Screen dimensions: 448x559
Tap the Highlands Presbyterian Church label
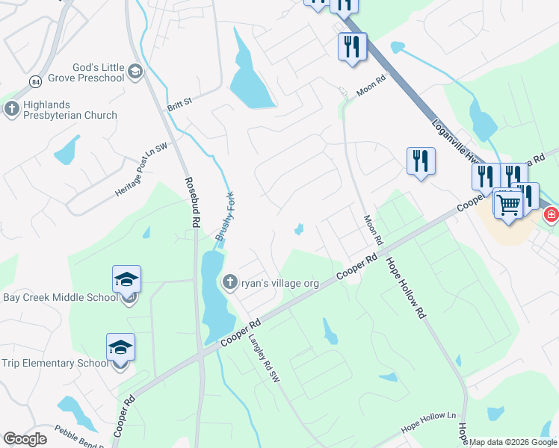(x=70, y=110)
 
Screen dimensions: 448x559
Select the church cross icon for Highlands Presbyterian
(x=11, y=109)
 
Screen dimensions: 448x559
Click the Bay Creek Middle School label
(x=60, y=297)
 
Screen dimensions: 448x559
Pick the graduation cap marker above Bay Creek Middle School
(x=126, y=279)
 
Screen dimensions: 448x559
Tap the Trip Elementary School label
(x=55, y=364)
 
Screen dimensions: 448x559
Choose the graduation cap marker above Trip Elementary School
(x=120, y=347)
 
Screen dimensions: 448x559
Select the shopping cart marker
(x=508, y=203)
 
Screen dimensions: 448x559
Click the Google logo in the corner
(x=25, y=439)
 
